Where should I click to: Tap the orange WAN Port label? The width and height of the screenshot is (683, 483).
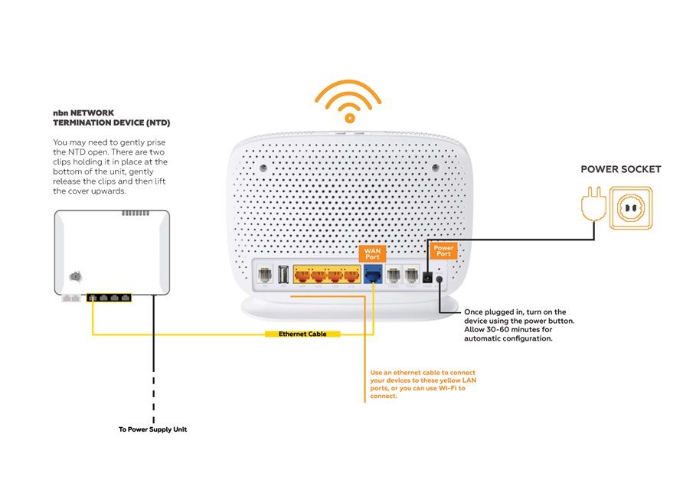click(372, 253)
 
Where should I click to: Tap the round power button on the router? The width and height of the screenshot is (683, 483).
click(440, 280)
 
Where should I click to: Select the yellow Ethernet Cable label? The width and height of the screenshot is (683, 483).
click(302, 335)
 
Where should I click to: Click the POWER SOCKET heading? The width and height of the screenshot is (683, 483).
click(620, 169)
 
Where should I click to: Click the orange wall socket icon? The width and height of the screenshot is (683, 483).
click(632, 207)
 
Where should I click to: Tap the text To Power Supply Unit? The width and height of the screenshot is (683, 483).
click(152, 429)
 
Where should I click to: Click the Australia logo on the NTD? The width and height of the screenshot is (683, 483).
click(75, 277)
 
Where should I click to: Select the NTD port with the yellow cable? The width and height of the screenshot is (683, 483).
click(93, 296)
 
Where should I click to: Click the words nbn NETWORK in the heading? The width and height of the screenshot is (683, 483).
click(83, 113)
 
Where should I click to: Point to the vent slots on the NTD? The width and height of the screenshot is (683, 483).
click(136, 213)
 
